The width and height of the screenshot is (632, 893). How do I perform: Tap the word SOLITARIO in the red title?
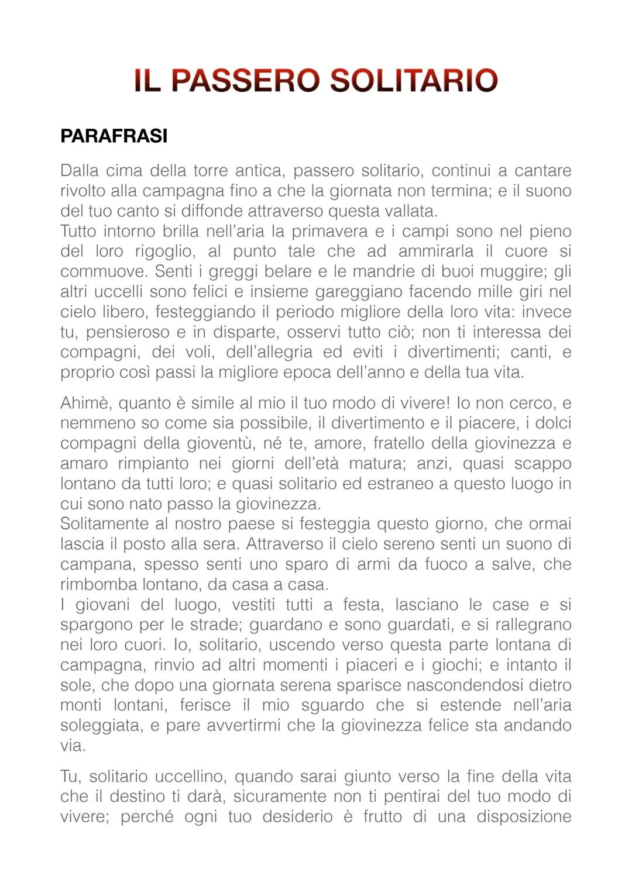pyautogui.click(x=414, y=80)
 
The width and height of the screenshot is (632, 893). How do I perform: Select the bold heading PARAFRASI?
pyautogui.click(x=114, y=136)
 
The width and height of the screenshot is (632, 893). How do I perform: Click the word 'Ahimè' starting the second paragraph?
pyautogui.click(x=86, y=403)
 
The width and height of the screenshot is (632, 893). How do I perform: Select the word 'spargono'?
pyautogui.click(x=97, y=625)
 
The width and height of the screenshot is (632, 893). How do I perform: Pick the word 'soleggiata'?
pyautogui.click(x=101, y=725)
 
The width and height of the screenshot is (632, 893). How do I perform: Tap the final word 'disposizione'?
pyautogui.click(x=524, y=816)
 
